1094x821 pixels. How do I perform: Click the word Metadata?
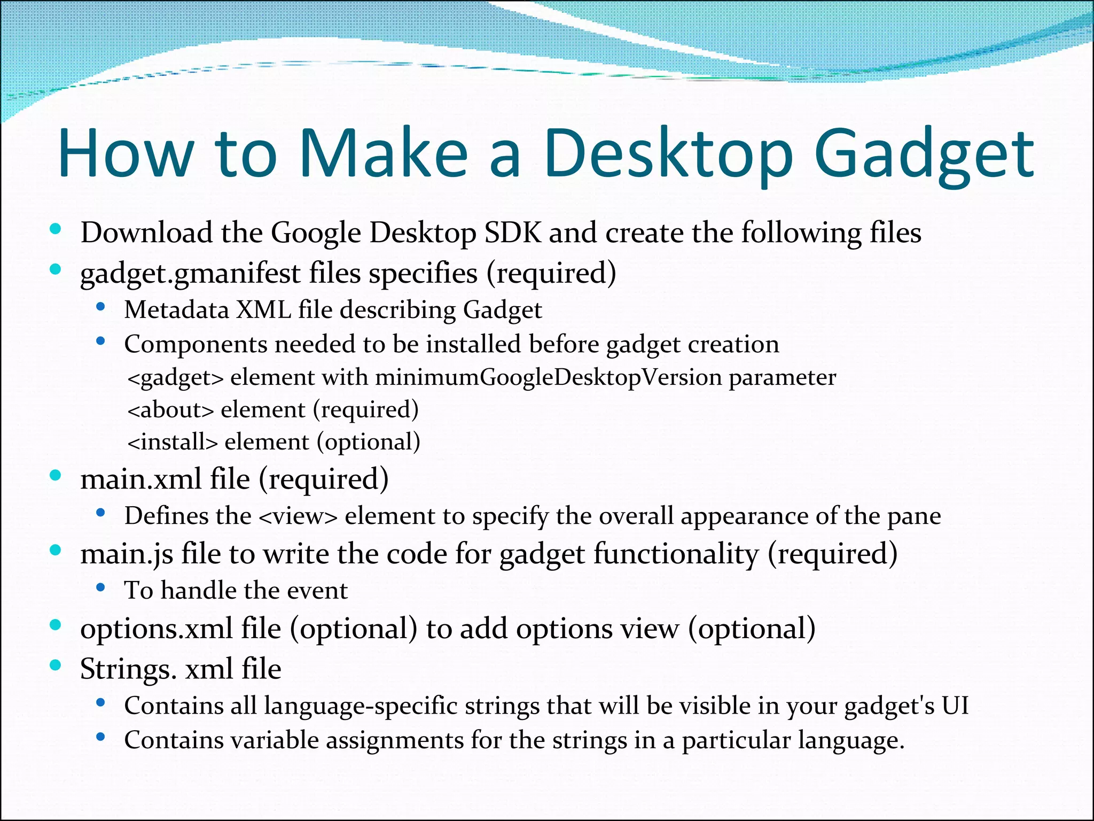pyautogui.click(x=176, y=310)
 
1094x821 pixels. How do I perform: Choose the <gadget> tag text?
pyautogui.click(x=175, y=378)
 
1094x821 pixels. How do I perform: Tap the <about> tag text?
pyautogui.click(x=170, y=410)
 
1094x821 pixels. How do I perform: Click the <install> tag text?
pyautogui.click(x=173, y=442)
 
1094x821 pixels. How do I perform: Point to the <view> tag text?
pyautogui.click(x=298, y=516)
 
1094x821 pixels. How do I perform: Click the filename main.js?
pyautogui.click(x=127, y=554)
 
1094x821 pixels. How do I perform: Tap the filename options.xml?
pyautogui.click(x=156, y=629)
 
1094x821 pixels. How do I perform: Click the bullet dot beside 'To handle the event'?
pyautogui.click(x=100, y=588)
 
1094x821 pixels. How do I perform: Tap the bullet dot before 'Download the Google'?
pyautogui.click(x=55, y=229)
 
